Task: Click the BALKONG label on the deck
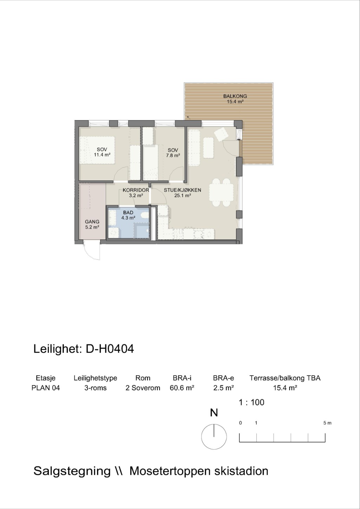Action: [235, 96]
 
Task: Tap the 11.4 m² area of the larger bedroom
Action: [102, 155]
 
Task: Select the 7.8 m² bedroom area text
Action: [173, 156]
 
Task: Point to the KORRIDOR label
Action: [136, 190]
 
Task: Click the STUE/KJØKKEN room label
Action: [182, 190]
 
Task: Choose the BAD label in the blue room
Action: [128, 213]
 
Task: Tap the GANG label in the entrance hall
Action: [92, 222]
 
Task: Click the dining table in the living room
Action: [221, 192]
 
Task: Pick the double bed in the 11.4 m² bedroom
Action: [97, 150]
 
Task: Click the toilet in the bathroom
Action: [145, 215]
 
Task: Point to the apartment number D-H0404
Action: [110, 349]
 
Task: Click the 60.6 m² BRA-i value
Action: [182, 388]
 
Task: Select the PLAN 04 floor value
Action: [46, 388]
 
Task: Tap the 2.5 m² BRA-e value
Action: [223, 388]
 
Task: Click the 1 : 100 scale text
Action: [251, 402]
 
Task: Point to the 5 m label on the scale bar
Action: [327, 423]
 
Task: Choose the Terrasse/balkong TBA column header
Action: [285, 378]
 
